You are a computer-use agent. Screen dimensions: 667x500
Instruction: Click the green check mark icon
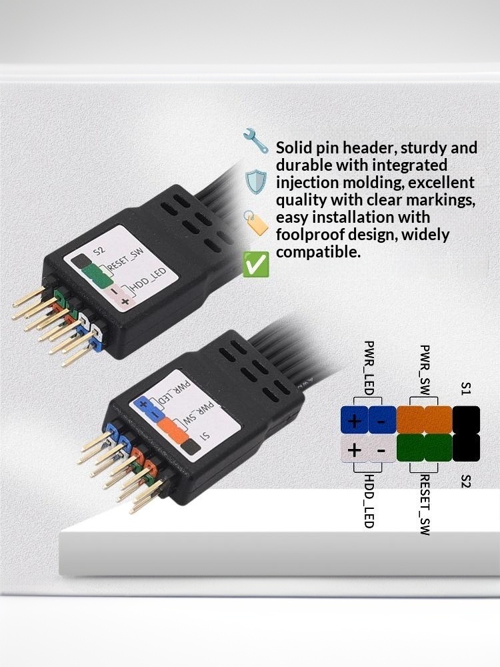(x=257, y=264)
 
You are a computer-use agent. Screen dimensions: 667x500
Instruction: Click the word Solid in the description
(x=293, y=147)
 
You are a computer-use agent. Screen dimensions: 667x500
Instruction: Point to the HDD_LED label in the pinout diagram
(x=369, y=500)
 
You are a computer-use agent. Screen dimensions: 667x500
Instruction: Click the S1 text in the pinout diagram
(x=466, y=389)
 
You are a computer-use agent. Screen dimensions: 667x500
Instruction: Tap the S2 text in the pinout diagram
(x=466, y=478)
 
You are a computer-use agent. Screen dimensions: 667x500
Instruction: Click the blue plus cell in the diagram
(x=355, y=420)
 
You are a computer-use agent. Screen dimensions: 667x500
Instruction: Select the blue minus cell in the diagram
(x=382, y=420)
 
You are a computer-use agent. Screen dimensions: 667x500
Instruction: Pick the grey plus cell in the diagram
(x=355, y=450)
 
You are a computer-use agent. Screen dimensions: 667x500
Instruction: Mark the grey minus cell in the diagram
(x=382, y=450)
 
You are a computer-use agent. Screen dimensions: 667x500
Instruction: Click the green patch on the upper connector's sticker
(x=99, y=273)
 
